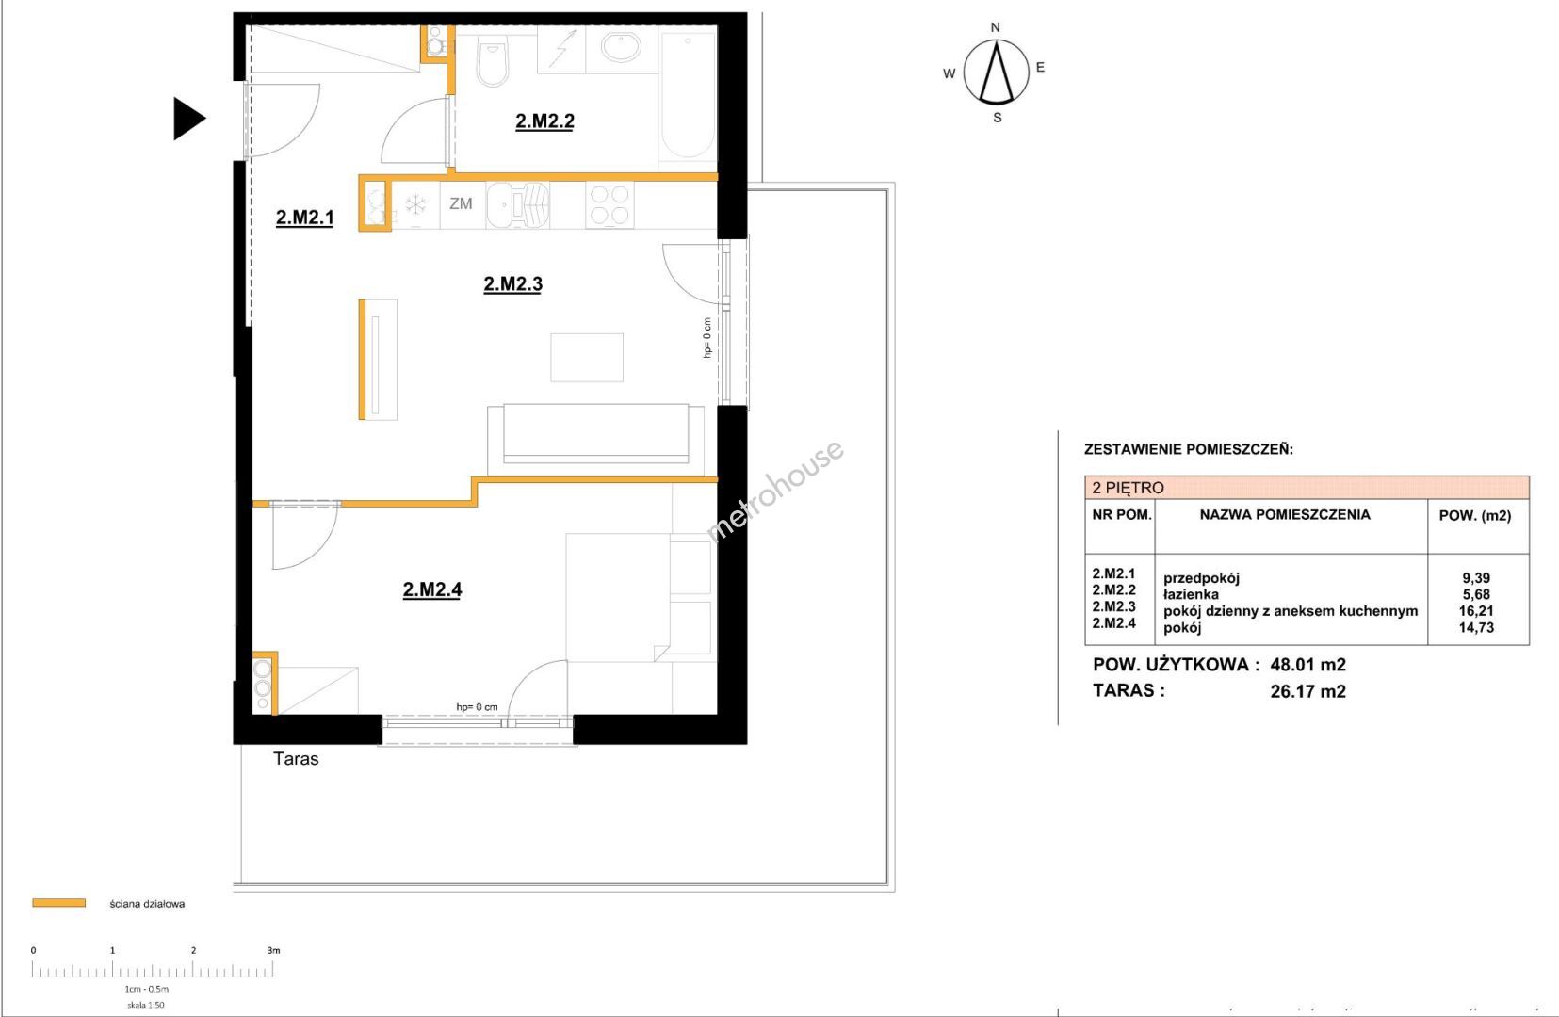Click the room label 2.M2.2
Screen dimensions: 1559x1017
pyautogui.click(x=545, y=121)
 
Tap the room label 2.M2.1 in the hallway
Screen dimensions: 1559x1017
pyautogui.click(x=305, y=218)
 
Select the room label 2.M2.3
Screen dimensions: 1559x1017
pyautogui.click(x=513, y=283)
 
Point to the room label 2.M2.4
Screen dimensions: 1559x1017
pyautogui.click(x=432, y=589)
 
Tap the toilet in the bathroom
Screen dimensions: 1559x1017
pyautogui.click(x=494, y=61)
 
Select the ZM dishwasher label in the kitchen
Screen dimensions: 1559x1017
pyautogui.click(x=461, y=203)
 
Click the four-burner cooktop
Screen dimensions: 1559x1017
pyautogui.click(x=609, y=204)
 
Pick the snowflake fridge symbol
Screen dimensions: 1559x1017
pyautogui.click(x=415, y=204)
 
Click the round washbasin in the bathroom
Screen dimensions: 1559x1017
pyautogui.click(x=621, y=48)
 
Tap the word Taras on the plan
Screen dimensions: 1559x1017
pyautogui.click(x=296, y=759)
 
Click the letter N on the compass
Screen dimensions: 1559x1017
pyautogui.click(x=996, y=27)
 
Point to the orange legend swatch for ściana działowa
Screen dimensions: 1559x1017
pyautogui.click(x=59, y=903)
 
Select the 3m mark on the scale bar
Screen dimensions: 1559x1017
pyautogui.click(x=273, y=950)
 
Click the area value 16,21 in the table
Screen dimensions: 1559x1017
pyautogui.click(x=1476, y=611)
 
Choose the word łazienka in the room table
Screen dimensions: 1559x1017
pyautogui.click(x=1191, y=595)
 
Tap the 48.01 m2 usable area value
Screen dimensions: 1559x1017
pyautogui.click(x=1307, y=664)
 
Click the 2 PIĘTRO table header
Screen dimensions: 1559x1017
pyautogui.click(x=1128, y=488)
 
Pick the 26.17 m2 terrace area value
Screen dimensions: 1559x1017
pyautogui.click(x=1307, y=691)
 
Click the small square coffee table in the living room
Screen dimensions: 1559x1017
pyautogui.click(x=587, y=358)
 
